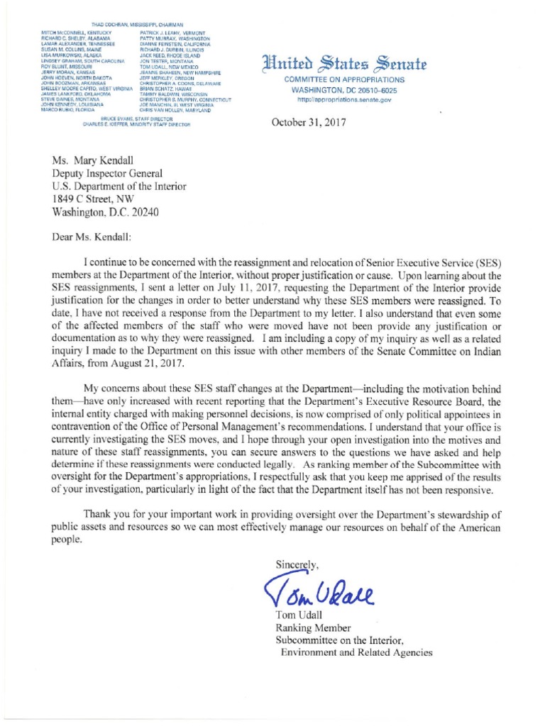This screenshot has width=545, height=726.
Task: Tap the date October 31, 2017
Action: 309,123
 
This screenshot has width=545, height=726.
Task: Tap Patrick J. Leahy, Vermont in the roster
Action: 172,34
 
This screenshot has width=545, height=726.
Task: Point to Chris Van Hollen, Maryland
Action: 175,111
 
